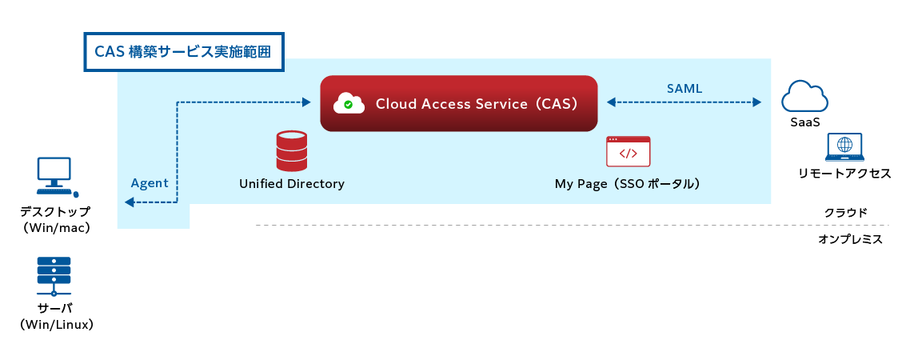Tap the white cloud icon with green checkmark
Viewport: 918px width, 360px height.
(x=349, y=103)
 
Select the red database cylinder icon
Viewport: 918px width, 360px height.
(x=291, y=151)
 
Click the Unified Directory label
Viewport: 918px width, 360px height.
(x=292, y=184)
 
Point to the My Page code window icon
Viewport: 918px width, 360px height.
(x=628, y=150)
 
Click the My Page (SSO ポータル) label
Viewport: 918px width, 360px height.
(x=628, y=184)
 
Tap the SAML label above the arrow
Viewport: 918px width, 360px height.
(x=685, y=89)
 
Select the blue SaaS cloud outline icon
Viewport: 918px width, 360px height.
(x=804, y=98)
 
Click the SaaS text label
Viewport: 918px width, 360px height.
(x=804, y=123)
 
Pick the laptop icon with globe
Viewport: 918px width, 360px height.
(x=844, y=147)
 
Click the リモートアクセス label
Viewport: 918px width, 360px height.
(x=844, y=174)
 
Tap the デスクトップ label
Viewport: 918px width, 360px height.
(x=56, y=213)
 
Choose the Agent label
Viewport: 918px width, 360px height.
(x=150, y=183)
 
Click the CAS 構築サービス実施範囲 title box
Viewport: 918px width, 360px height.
(x=183, y=52)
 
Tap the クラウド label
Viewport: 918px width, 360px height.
(x=846, y=213)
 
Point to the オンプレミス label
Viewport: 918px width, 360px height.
(x=850, y=238)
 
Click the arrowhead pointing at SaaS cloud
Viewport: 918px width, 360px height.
(x=755, y=102)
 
